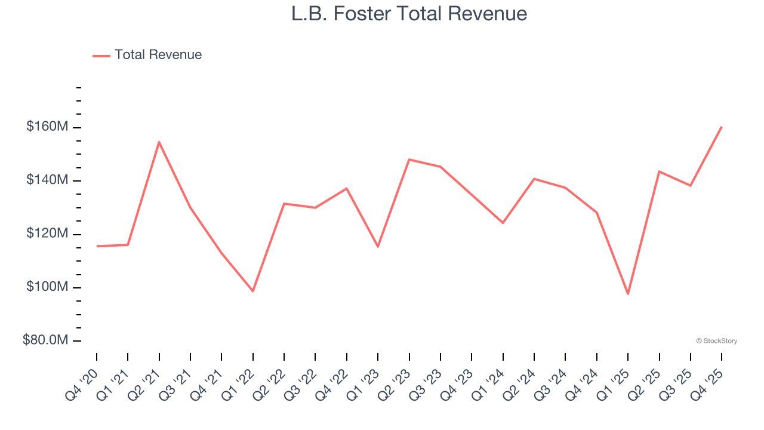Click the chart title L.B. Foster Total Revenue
(x=409, y=14)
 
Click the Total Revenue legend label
(x=158, y=55)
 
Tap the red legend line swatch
(x=101, y=56)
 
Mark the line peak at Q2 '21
(x=159, y=142)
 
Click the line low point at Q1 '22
(x=253, y=291)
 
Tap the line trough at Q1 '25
(x=628, y=294)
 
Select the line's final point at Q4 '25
(x=722, y=127)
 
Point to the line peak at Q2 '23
(x=409, y=159)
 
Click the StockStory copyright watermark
(x=716, y=341)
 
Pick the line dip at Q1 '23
(x=378, y=247)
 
